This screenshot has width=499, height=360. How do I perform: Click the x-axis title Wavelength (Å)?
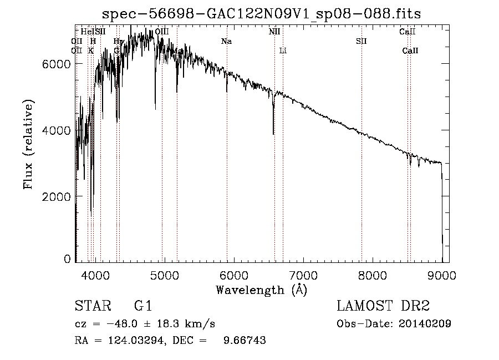coord(261,290)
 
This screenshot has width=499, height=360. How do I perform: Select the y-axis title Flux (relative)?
coord(28,144)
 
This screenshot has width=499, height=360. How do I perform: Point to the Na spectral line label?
coord(226,41)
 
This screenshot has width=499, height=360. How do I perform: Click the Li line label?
coord(283,51)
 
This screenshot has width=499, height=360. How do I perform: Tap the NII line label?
coord(274,32)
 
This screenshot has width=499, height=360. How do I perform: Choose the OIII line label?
coord(162,32)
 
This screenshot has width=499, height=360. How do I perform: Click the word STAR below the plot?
coord(91,306)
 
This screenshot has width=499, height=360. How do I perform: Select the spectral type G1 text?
coord(142,306)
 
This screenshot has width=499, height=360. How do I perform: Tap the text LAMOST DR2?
coord(383,306)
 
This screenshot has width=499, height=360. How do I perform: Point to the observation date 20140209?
coord(424,324)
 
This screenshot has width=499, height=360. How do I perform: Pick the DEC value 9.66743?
coord(244,341)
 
